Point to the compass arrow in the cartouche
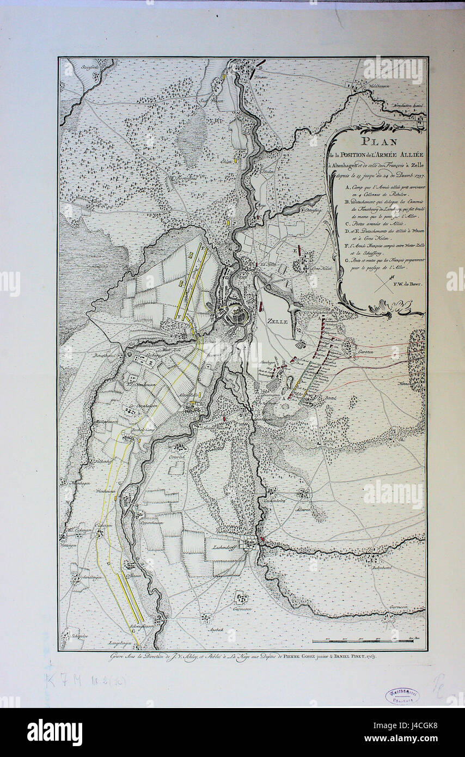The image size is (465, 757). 384,283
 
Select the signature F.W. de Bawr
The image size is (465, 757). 405,283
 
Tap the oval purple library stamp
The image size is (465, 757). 402,695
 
